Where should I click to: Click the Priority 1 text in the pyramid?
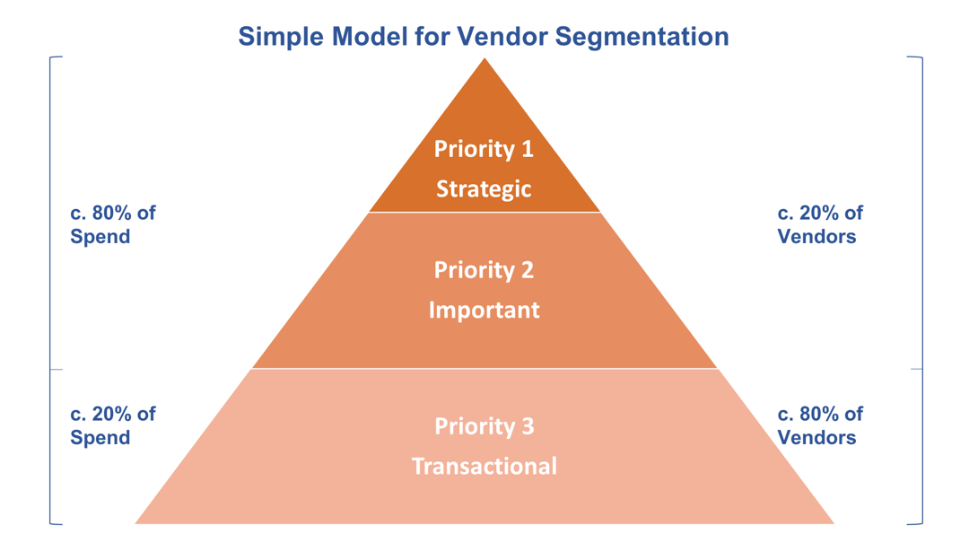484,149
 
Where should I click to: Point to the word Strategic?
484,189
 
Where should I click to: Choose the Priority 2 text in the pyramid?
484,269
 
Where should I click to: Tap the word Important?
484,311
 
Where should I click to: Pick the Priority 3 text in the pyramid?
484,426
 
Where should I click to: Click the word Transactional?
484,467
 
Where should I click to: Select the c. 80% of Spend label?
113,224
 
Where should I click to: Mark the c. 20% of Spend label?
113,425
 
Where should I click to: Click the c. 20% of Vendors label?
819,224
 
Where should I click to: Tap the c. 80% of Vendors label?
819,425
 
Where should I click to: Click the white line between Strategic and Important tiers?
484,213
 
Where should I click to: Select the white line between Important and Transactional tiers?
484,369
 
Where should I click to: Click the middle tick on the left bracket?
56,369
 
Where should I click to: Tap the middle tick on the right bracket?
916,369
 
